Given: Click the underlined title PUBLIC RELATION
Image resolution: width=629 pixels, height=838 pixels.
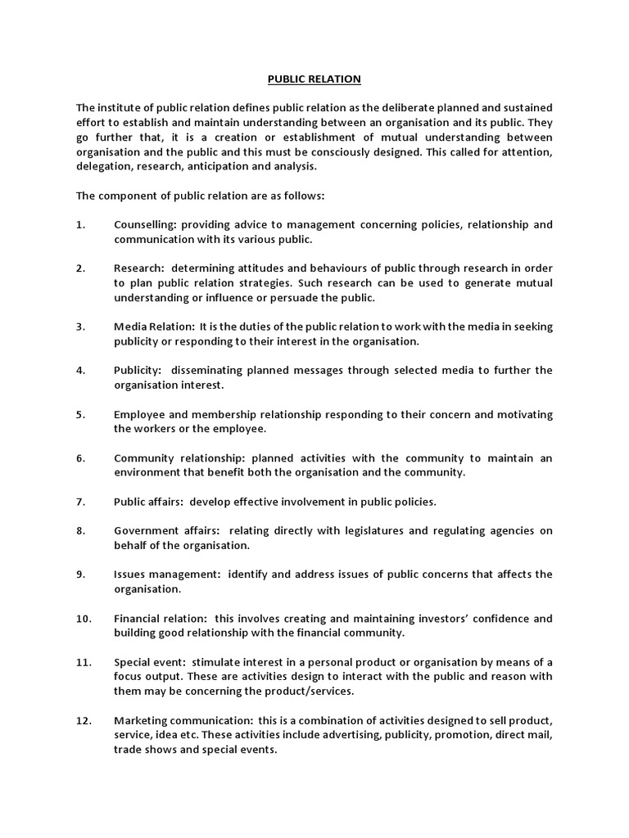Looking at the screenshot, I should [x=314, y=79].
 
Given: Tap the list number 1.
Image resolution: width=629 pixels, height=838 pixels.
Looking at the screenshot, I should [x=80, y=225].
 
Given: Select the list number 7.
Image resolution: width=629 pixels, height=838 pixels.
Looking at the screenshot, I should [x=80, y=502].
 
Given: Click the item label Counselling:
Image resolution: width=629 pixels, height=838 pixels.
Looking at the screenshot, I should [x=145, y=225].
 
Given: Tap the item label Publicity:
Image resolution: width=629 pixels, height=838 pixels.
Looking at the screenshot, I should [x=138, y=371].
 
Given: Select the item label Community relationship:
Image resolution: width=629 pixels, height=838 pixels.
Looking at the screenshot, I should [x=180, y=458].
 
